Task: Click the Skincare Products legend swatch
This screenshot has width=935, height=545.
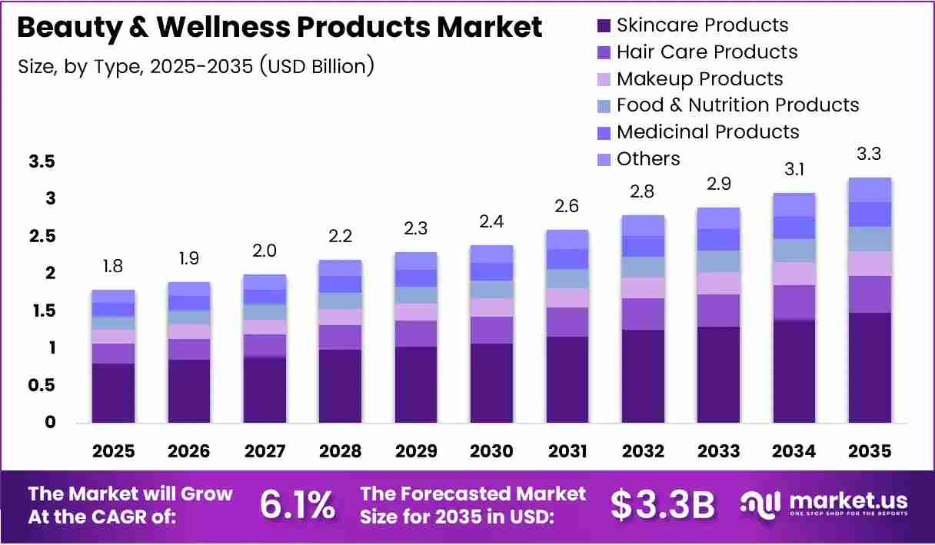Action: click(x=604, y=26)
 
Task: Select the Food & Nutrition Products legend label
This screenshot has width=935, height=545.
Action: click(x=737, y=105)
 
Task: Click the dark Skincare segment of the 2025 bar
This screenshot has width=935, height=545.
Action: click(x=113, y=393)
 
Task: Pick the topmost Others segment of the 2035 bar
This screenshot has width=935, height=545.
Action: click(x=870, y=190)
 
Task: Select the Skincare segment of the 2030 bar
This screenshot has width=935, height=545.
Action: click(x=491, y=383)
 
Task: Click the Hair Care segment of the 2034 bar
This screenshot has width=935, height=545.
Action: click(x=794, y=303)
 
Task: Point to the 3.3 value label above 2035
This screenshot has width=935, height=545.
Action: click(x=869, y=154)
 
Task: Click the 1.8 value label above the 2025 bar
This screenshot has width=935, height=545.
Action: click(x=113, y=266)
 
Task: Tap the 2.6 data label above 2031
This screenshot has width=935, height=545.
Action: click(x=567, y=206)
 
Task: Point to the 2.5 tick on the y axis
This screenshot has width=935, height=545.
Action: click(x=42, y=236)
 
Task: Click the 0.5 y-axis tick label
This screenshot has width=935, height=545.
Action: click(x=42, y=385)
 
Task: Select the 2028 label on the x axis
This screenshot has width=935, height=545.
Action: click(x=340, y=451)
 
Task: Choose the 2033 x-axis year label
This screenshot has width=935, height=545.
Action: click(x=718, y=451)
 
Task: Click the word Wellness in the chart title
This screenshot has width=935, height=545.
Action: click(x=223, y=27)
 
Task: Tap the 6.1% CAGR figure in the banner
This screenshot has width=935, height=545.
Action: click(x=298, y=505)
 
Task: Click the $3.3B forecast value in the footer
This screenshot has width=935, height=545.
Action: click(x=663, y=505)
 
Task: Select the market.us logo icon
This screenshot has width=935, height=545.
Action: click(x=760, y=504)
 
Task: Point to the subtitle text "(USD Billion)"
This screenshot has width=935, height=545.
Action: click(x=317, y=67)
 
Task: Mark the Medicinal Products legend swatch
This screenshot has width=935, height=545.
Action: click(x=604, y=133)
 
